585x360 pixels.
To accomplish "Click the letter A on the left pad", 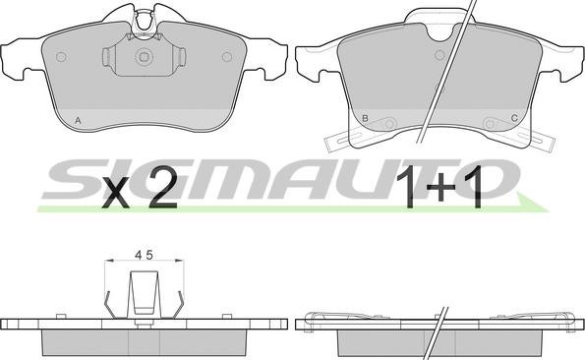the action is point(78,121).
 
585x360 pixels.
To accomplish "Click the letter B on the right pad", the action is point(365,118).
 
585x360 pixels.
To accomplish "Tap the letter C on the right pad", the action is point(514,118).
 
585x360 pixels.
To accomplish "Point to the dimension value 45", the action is point(144,255).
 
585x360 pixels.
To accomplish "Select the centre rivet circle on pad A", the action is point(144,57).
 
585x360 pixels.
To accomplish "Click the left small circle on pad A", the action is point(61,57).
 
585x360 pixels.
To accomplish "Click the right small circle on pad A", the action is point(227,57).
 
